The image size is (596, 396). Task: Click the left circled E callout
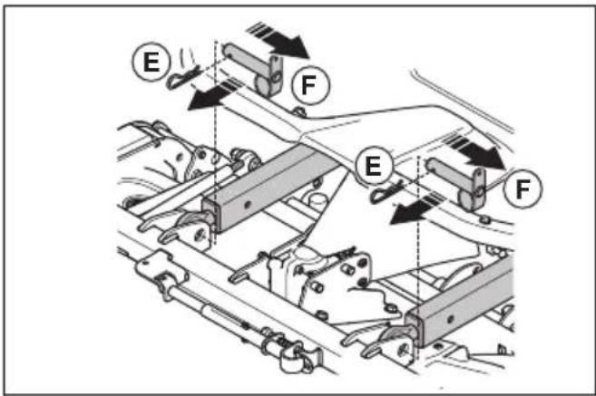click(x=151, y=62)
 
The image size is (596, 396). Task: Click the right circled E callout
click(x=373, y=166)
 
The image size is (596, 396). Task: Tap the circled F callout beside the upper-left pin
click(x=309, y=85)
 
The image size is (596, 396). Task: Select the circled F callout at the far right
click(x=523, y=188)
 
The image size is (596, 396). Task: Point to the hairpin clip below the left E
click(x=181, y=78)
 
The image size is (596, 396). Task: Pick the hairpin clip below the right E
click(x=385, y=192)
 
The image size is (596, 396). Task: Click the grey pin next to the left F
click(x=254, y=69)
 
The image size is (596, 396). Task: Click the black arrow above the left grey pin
click(x=278, y=41)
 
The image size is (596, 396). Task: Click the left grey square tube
click(x=269, y=189)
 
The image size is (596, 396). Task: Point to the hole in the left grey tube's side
click(x=248, y=205)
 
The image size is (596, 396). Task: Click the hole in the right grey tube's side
click(x=451, y=319)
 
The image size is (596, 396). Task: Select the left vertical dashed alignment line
click(x=215, y=142)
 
